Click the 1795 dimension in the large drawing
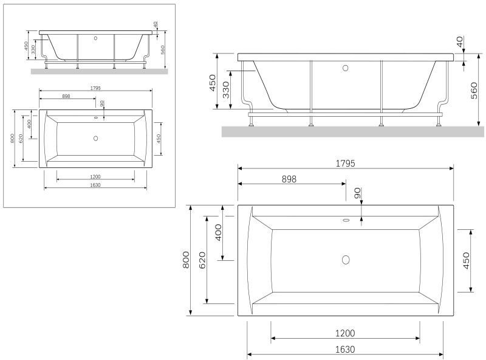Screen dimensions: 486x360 point(345,163)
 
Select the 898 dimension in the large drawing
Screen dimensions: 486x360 point(289,179)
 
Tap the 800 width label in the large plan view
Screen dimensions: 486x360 point(186,260)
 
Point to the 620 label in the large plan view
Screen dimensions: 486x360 point(202,260)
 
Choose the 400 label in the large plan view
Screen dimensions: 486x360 point(219,232)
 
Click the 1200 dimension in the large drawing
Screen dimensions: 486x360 point(345,333)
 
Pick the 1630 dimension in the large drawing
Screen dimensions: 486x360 point(345,350)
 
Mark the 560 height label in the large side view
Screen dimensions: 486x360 point(474,91)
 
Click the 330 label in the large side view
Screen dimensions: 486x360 point(226,89)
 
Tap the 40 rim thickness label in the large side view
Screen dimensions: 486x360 point(460,41)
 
